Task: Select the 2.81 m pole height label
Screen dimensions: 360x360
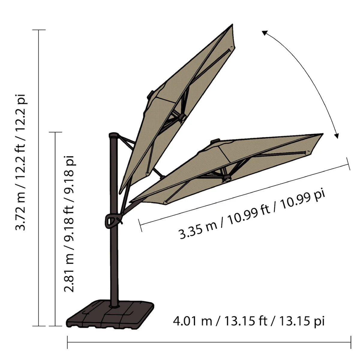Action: (69, 224)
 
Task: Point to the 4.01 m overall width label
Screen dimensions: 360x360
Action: (249, 321)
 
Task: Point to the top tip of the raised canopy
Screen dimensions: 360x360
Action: (232, 25)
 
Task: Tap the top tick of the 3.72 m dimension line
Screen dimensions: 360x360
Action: (39, 30)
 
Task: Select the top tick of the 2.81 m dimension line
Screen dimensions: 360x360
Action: (55, 132)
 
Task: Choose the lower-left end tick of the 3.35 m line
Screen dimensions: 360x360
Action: (140, 225)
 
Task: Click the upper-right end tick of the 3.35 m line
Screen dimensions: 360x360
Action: (349, 163)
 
